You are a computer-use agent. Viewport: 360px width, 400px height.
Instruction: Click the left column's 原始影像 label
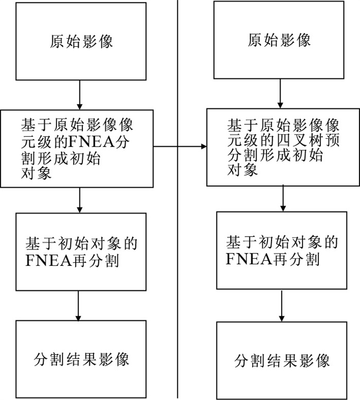81,41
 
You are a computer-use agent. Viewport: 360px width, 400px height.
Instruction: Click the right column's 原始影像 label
279,40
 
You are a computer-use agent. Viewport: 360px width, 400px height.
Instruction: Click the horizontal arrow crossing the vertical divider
179,147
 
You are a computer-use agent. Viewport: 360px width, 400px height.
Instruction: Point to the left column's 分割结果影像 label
81,359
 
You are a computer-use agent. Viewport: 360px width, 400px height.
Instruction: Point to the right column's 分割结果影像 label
282,361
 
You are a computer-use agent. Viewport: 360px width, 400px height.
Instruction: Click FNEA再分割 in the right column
273,259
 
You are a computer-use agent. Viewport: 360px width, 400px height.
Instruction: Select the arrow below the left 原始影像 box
80,95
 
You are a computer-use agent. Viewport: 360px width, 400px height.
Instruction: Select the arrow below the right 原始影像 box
280,94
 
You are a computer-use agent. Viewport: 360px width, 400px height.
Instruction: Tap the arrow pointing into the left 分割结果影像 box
78,305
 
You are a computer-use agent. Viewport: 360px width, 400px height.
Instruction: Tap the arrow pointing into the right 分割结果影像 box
282,305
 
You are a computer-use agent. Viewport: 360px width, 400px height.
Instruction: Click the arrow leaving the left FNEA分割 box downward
80,200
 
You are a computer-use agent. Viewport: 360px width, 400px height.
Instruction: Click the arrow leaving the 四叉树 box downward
283,198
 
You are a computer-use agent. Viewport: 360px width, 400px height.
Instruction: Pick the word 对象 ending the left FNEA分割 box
36,173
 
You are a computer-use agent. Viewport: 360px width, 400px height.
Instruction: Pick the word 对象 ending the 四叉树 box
242,170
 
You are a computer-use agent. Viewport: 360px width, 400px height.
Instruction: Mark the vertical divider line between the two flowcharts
177,199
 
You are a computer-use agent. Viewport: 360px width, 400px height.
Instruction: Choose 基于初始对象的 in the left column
81,243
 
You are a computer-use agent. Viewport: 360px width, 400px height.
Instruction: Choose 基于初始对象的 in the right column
282,242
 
